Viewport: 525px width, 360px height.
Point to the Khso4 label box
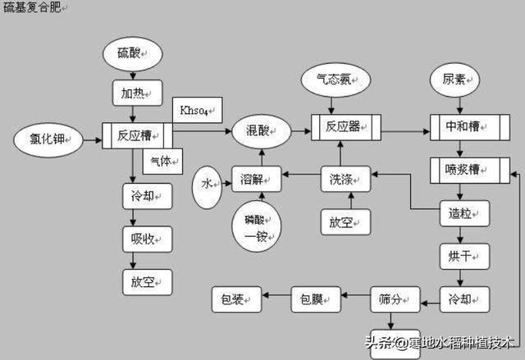point(194,109)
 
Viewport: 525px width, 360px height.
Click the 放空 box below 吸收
point(148,281)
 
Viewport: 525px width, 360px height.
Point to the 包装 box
point(236,299)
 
